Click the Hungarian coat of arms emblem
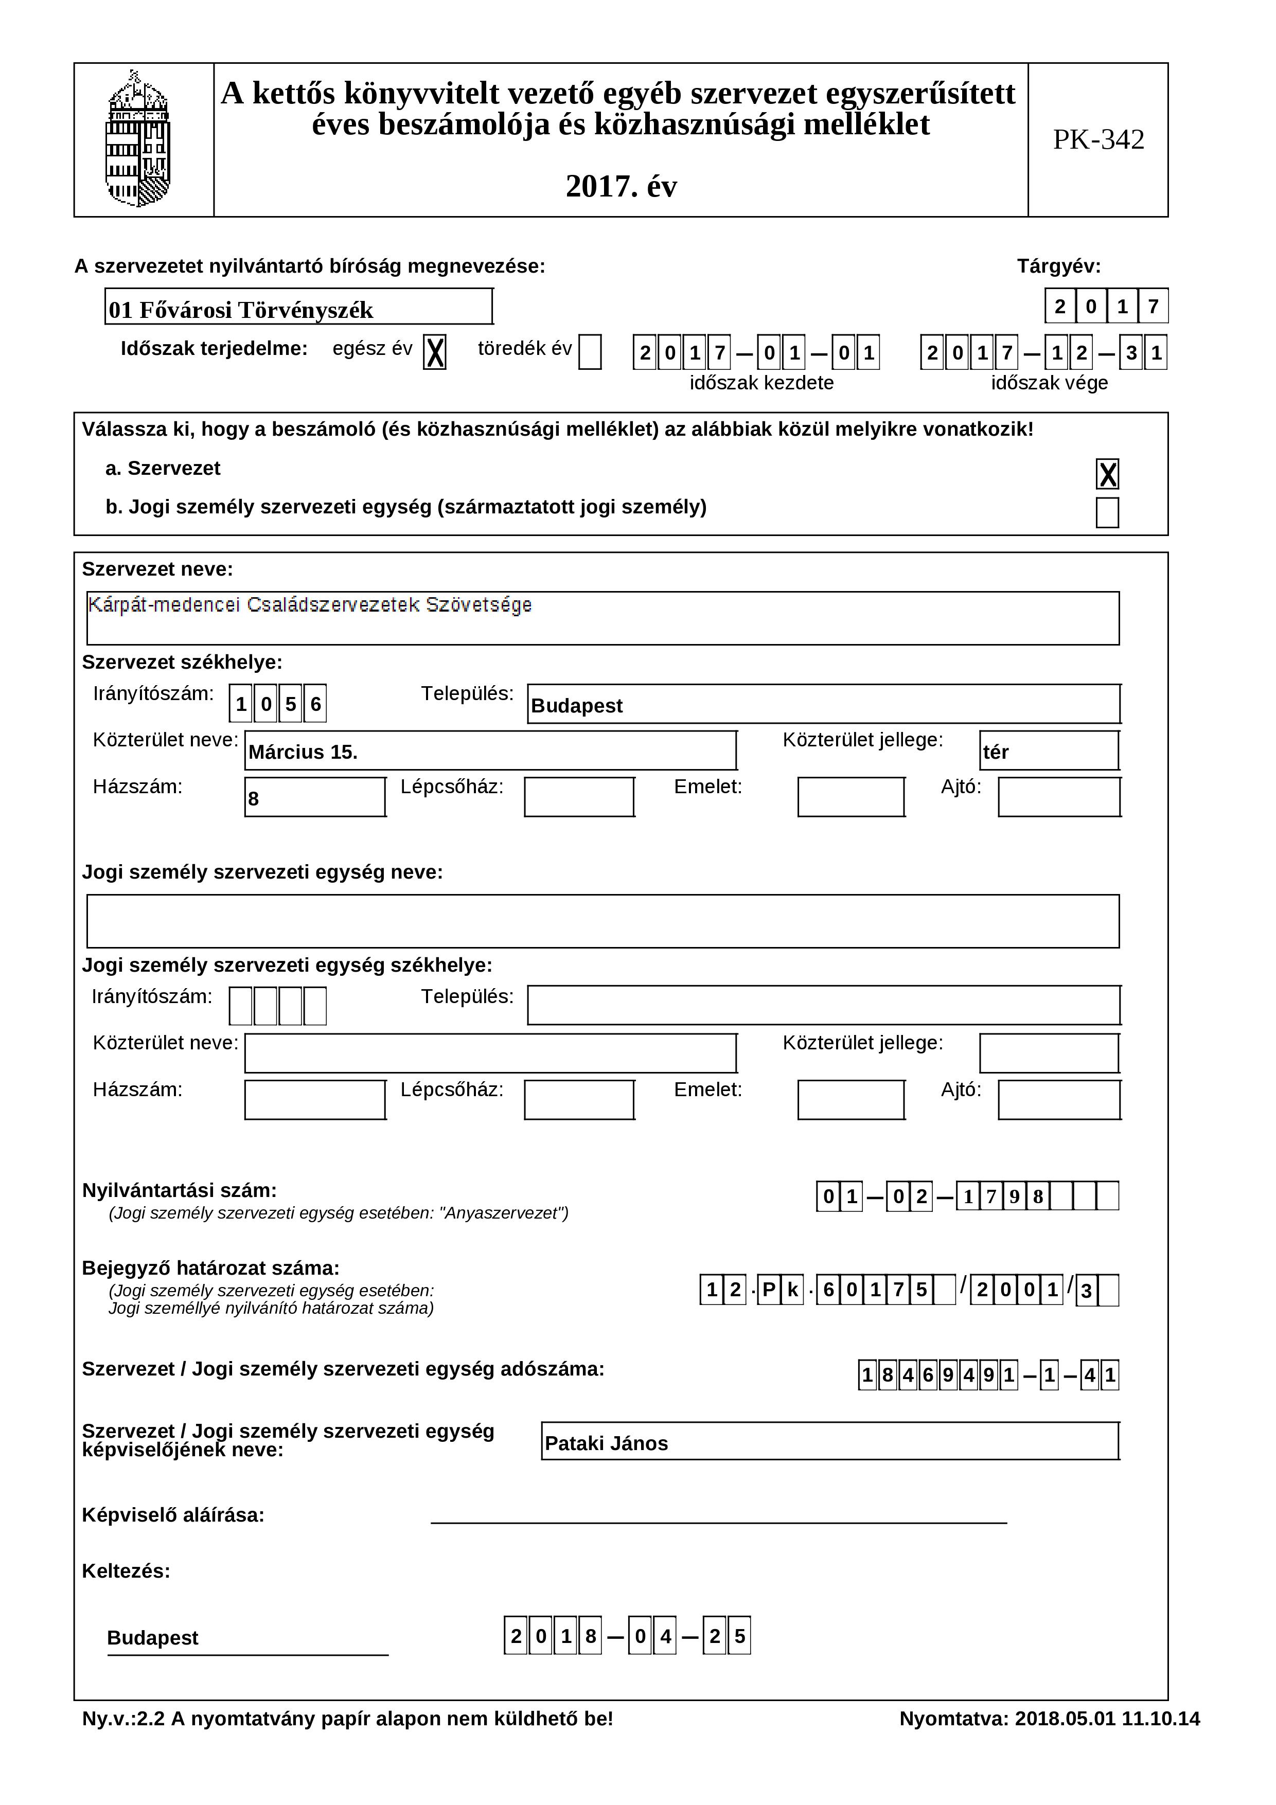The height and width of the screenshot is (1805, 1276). pyautogui.click(x=138, y=139)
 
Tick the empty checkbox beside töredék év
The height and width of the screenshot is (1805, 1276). pyautogui.click(x=590, y=351)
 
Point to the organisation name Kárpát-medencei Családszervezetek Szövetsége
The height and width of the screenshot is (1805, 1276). pyautogui.click(x=311, y=605)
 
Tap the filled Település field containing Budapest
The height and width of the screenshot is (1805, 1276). pyautogui.click(x=823, y=704)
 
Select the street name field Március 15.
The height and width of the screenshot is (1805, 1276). pyautogui.click(x=490, y=752)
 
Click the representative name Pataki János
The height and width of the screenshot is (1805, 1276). pyautogui.click(x=829, y=1443)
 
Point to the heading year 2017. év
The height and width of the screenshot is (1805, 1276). pyautogui.click(x=621, y=186)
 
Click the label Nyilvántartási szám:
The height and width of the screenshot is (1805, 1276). pyautogui.click(x=179, y=1190)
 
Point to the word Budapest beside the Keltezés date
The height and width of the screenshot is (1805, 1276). pyautogui.click(x=152, y=1637)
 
